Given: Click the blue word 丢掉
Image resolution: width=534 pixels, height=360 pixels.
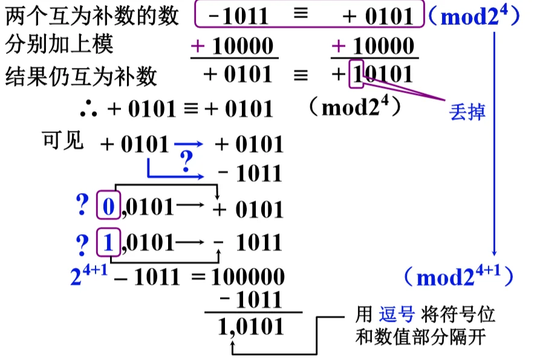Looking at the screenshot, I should click(x=468, y=112).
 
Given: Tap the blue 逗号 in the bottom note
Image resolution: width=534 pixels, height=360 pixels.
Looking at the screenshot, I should click(x=396, y=314).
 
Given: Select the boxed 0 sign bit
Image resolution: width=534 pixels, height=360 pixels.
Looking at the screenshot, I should click(x=109, y=207).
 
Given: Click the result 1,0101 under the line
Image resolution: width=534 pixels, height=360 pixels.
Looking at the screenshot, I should click(x=250, y=327).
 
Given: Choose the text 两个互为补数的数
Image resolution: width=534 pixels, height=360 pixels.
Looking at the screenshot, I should click(x=93, y=16).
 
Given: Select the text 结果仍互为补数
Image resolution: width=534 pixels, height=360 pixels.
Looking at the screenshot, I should click(x=81, y=76).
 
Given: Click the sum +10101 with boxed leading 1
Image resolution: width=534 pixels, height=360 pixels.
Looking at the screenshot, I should click(x=376, y=74).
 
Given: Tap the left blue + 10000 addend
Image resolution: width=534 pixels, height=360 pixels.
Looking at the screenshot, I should click(x=232, y=45).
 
